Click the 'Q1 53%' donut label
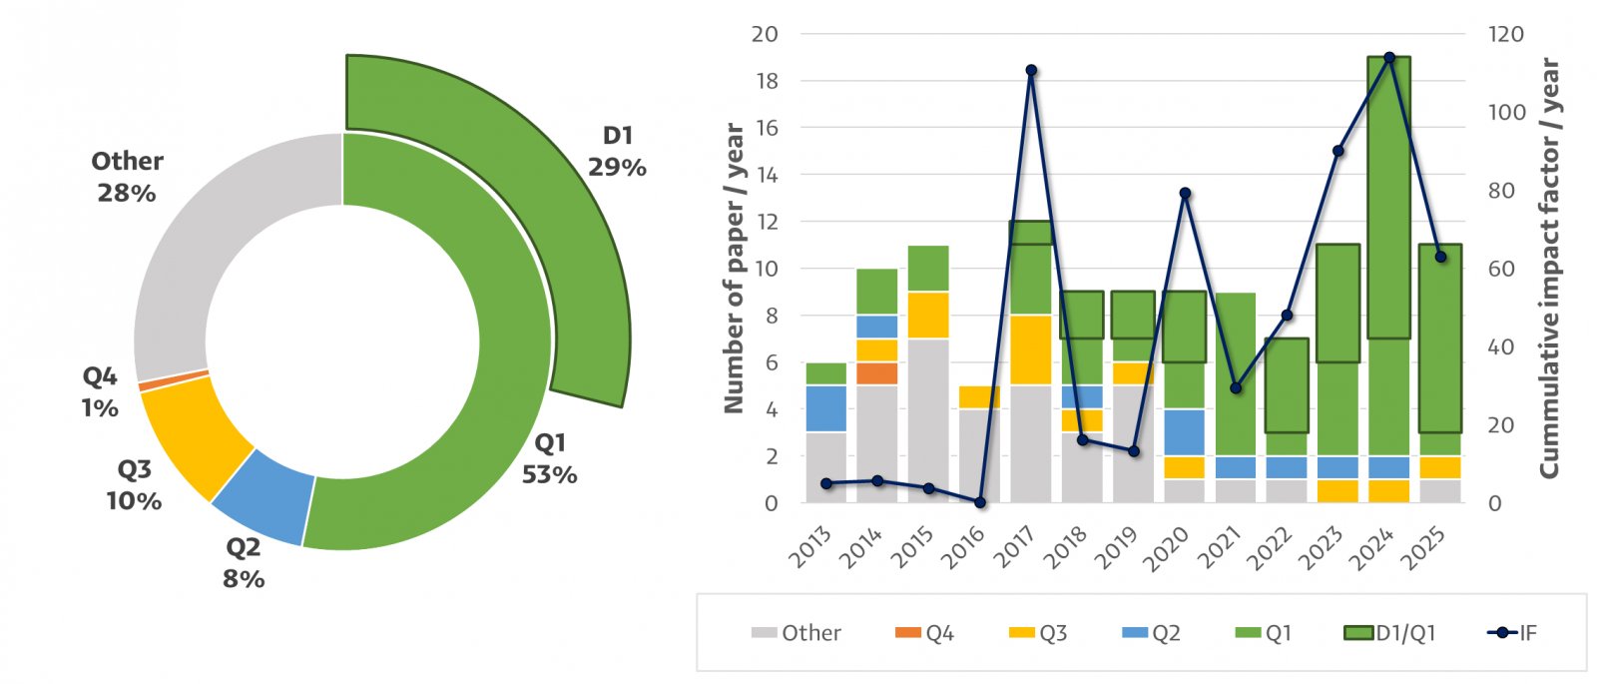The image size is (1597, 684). [x=549, y=458]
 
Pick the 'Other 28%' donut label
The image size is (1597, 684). [x=127, y=177]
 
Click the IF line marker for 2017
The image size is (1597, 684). [x=1031, y=70]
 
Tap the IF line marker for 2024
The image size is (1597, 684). [x=1388, y=57]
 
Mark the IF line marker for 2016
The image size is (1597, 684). [x=980, y=502]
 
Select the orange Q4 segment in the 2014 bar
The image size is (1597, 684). [x=877, y=373]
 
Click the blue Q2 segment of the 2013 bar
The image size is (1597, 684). [x=826, y=408]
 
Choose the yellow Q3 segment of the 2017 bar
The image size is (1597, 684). [x=1031, y=349]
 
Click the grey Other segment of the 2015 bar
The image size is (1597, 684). [x=928, y=420]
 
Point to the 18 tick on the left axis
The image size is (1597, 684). [x=766, y=81]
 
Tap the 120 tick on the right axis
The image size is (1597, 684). [x=1505, y=34]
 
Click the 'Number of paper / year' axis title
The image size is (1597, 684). [x=735, y=268]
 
